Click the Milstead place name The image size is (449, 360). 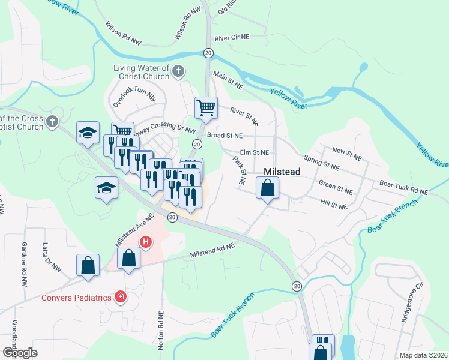(282, 171)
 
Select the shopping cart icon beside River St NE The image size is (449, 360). (206, 108)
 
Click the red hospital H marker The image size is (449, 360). (145, 242)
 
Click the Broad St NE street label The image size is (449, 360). (224, 136)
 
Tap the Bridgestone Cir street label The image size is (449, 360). (413, 308)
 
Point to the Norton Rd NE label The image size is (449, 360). (161, 331)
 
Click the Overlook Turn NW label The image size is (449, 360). (134, 98)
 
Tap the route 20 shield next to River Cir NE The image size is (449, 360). (208, 53)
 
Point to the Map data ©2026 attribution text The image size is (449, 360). (423, 355)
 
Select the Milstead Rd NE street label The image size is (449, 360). (211, 251)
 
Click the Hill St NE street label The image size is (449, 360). (334, 205)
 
